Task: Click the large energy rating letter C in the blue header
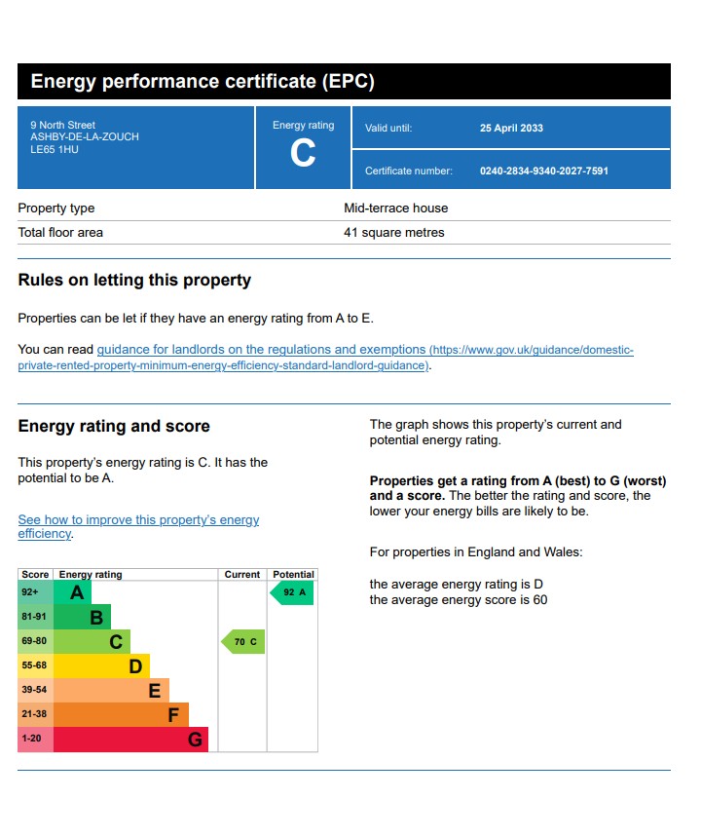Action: click(x=303, y=154)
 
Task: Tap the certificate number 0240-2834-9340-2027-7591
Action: click(x=543, y=171)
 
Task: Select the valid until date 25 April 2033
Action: click(x=511, y=128)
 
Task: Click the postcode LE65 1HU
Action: click(x=54, y=149)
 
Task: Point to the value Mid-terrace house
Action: click(x=395, y=208)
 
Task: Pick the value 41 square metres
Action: click(x=393, y=233)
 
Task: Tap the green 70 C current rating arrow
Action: click(x=243, y=641)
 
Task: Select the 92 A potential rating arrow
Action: click(x=292, y=592)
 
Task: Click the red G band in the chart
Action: click(x=130, y=740)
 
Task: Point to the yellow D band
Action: click(x=101, y=666)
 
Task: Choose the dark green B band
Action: click(x=82, y=617)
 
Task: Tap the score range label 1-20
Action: click(x=32, y=739)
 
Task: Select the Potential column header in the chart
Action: click(x=293, y=575)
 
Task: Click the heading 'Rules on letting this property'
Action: click(x=134, y=281)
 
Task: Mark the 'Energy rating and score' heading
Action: click(x=114, y=426)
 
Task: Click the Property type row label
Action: click(x=56, y=208)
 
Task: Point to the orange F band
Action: click(x=121, y=715)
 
